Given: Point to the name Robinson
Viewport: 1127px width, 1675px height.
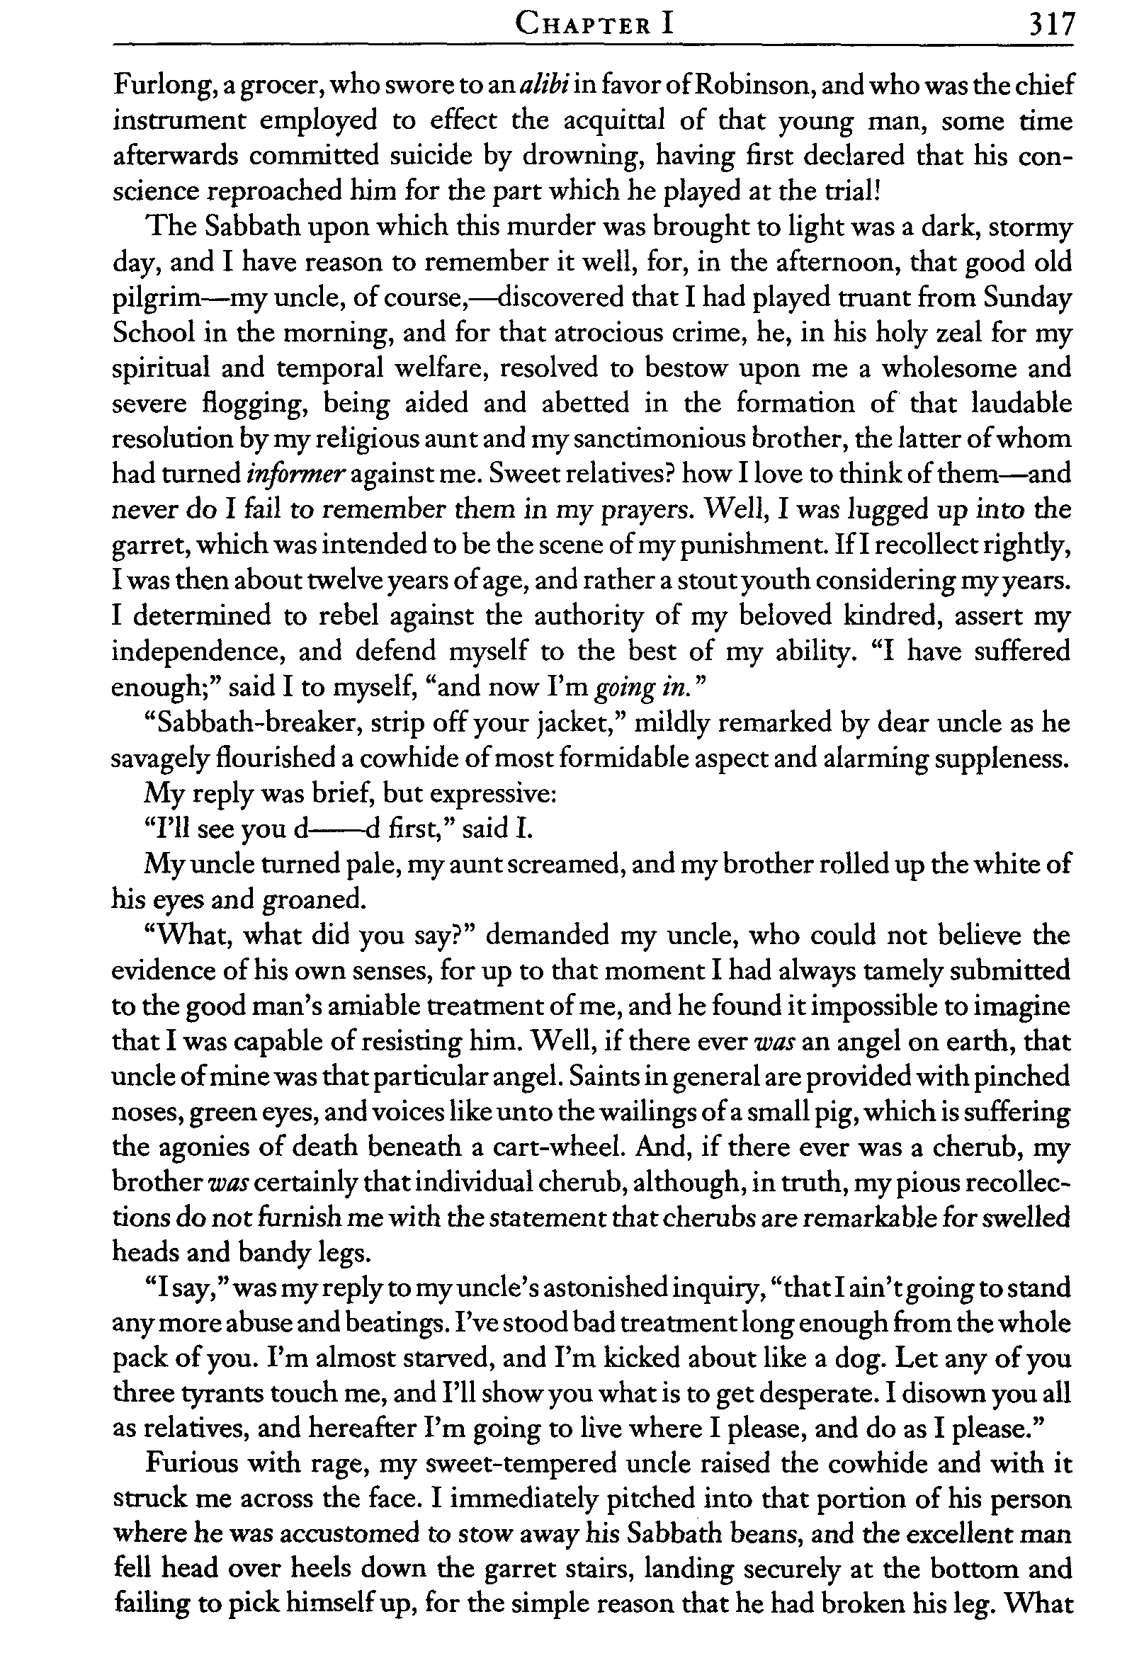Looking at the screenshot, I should point(752,85).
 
